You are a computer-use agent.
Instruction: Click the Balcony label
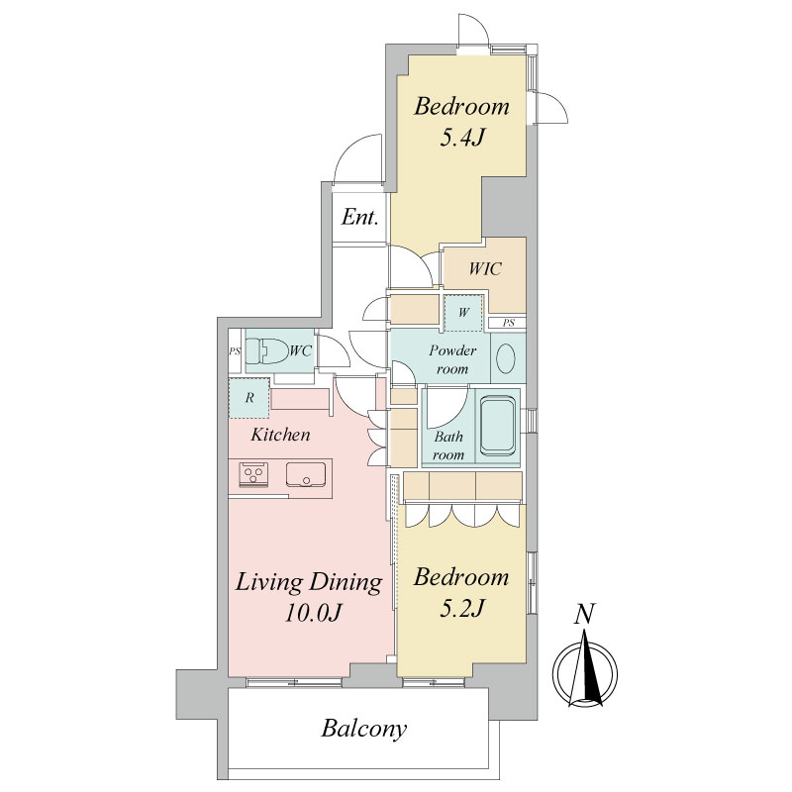click(x=363, y=729)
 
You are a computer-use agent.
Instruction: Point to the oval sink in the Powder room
click(x=506, y=357)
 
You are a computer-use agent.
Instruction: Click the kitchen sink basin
click(x=306, y=474)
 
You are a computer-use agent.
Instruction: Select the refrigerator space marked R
click(x=249, y=398)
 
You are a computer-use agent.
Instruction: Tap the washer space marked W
click(x=463, y=312)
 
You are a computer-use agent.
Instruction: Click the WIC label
click(x=485, y=268)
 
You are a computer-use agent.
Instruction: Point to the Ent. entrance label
click(x=359, y=217)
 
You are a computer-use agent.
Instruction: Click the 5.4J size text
click(x=462, y=138)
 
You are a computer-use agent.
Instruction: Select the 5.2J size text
click(x=462, y=608)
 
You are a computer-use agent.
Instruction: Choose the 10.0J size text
click(x=314, y=613)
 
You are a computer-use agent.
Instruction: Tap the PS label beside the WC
click(x=235, y=351)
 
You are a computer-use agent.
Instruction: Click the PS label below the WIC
click(x=509, y=323)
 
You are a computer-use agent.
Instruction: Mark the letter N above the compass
click(x=584, y=614)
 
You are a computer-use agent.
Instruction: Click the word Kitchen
click(x=280, y=435)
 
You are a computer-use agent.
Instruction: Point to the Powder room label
click(x=452, y=359)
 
